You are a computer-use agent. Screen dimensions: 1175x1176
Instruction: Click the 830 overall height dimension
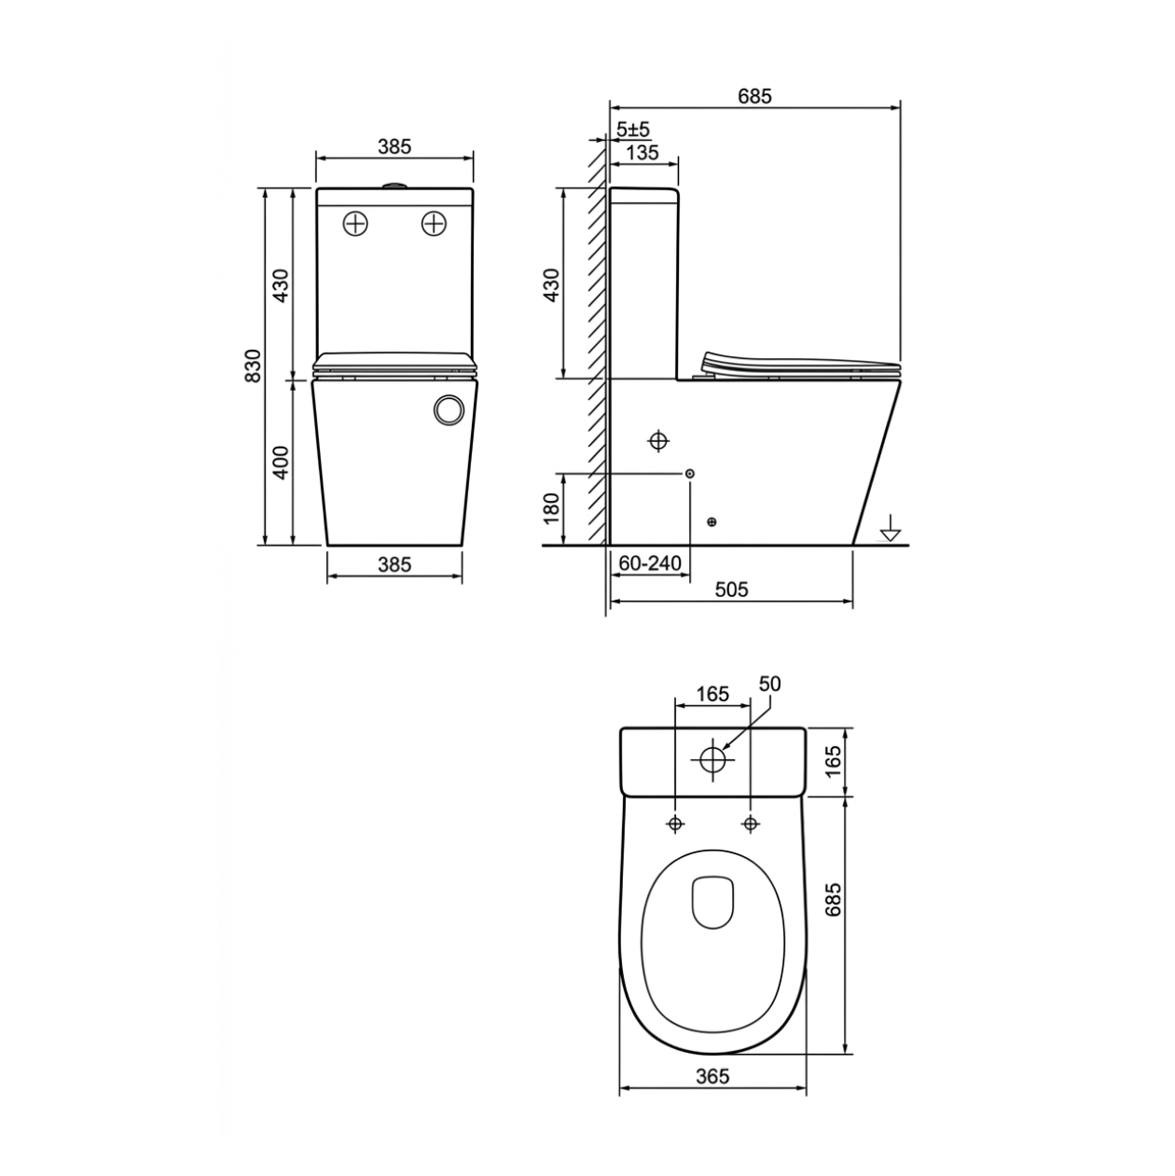click(x=253, y=366)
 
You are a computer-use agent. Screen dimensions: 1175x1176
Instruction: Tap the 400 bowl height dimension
click(x=280, y=463)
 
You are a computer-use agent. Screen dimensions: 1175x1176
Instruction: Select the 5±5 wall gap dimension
click(x=633, y=130)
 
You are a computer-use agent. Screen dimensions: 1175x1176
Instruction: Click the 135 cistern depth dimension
click(x=643, y=153)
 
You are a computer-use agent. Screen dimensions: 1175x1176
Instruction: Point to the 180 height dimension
click(x=551, y=508)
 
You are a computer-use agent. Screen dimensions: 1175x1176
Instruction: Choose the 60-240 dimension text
click(x=649, y=563)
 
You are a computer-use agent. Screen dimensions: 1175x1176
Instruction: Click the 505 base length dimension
click(x=731, y=589)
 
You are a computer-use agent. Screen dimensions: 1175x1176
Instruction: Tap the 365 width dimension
click(x=712, y=1076)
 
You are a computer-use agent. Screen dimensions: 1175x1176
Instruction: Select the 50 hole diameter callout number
click(x=769, y=685)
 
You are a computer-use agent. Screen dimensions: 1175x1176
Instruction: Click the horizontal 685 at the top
click(x=754, y=96)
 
